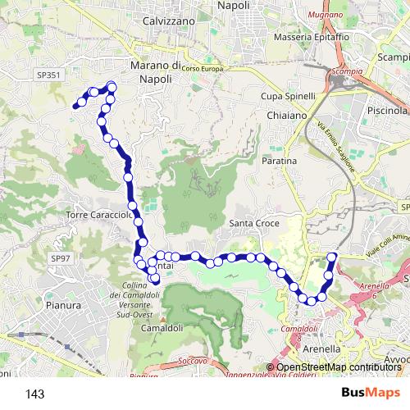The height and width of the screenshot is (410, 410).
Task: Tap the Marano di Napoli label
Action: coord(155,72)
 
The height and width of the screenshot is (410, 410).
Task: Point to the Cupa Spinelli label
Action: coord(288,96)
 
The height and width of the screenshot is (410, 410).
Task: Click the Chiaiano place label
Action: coord(287,116)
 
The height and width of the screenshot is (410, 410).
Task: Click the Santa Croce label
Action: coord(254,223)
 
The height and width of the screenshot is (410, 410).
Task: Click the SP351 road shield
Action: coord(48,75)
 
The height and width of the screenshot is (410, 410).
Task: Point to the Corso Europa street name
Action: coord(203,69)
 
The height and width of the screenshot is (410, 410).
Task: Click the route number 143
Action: coord(35,394)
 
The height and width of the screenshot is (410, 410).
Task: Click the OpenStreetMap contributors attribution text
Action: coord(336,367)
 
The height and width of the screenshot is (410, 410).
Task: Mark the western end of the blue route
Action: coord(76,105)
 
